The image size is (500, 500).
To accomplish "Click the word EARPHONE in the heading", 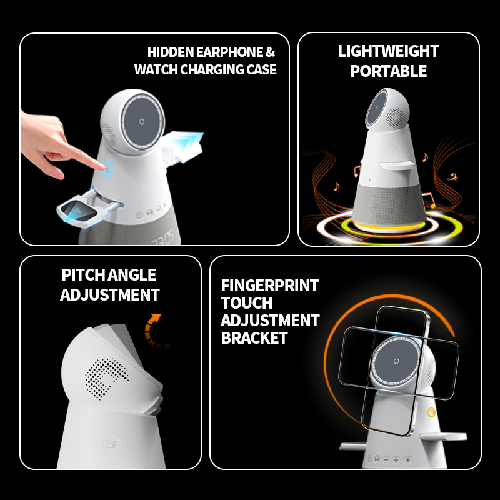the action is [229, 52].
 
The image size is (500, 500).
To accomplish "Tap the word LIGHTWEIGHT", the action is [388, 51].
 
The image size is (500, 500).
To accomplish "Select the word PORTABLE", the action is [388, 71].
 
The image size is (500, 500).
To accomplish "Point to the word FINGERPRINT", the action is [270, 286].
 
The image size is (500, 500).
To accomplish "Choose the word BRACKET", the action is [254, 338].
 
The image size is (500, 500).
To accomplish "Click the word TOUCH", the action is [247, 303].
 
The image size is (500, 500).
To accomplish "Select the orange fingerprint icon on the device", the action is [431, 412].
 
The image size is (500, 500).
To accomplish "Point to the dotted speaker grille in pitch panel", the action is [107, 379].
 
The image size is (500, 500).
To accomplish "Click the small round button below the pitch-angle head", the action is [111, 444].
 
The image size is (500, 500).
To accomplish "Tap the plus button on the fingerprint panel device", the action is [396, 460].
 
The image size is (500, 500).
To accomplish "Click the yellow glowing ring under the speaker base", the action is [389, 227].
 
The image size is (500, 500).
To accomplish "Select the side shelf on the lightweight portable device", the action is [397, 165].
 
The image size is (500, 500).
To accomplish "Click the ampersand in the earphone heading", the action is [270, 52].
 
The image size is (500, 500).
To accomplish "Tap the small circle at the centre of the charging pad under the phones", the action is [396, 361].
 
